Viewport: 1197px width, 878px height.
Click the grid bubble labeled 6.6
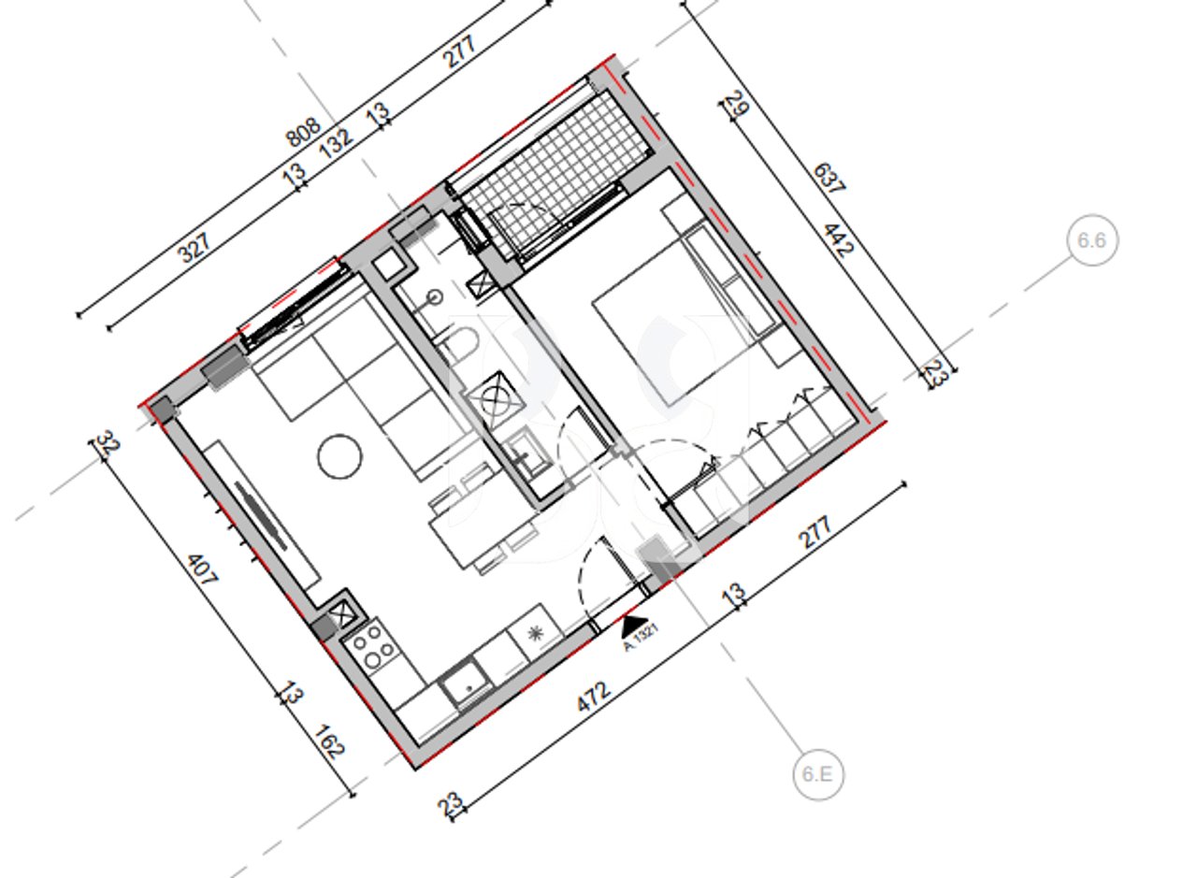coord(1091,240)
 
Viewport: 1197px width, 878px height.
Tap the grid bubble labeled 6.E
coord(818,774)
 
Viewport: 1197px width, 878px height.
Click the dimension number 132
coord(337,140)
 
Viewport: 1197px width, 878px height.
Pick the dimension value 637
coord(829,179)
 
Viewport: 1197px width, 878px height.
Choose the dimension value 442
coord(838,239)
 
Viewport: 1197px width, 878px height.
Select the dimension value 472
coord(595,697)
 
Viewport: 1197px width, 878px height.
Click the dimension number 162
coord(330,741)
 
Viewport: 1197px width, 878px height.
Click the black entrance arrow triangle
coord(634,623)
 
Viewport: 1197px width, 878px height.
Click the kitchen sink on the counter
coord(465,685)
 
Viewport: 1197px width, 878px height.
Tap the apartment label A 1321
coord(643,637)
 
